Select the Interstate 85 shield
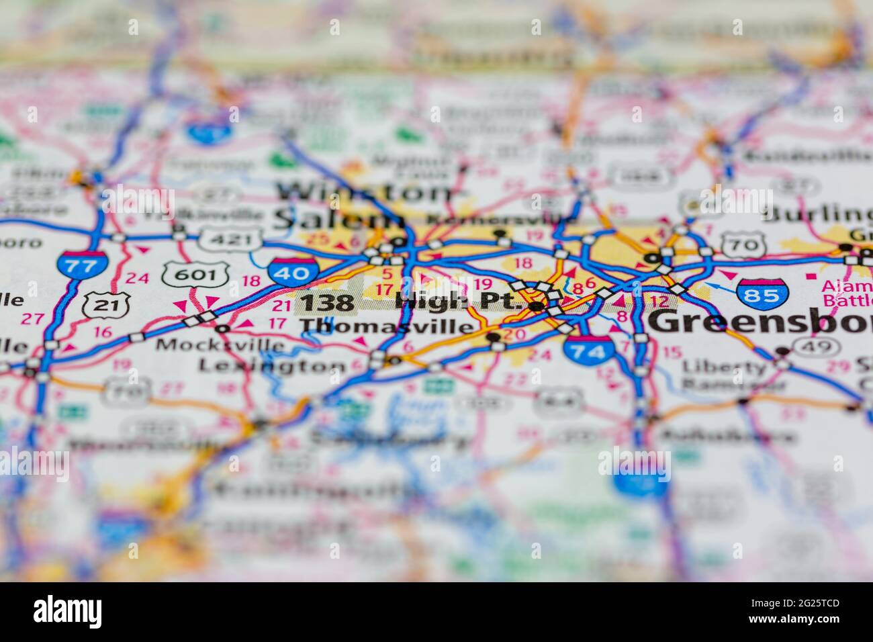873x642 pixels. pyautogui.click(x=762, y=293)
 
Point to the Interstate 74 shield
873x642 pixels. pyautogui.click(x=588, y=349)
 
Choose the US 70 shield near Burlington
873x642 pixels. pyautogui.click(x=743, y=246)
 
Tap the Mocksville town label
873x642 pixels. pyautogui.click(x=220, y=345)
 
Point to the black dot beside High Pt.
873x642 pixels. pyautogui.click(x=537, y=307)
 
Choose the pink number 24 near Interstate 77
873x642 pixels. pyautogui.click(x=138, y=277)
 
